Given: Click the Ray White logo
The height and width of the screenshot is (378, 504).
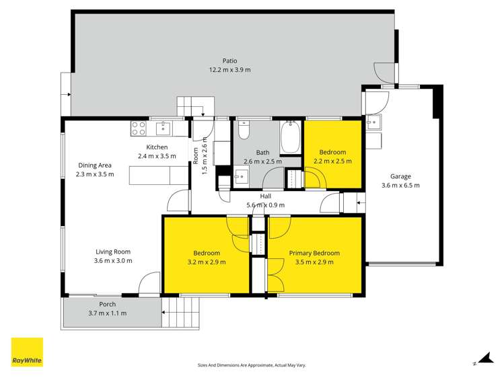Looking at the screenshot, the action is (x=27, y=352).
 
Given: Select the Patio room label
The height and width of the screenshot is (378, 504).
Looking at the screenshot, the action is (x=230, y=61).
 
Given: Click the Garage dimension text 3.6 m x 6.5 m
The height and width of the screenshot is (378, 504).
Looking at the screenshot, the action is (x=400, y=186).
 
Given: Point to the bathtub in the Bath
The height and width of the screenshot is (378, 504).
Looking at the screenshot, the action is (x=290, y=138).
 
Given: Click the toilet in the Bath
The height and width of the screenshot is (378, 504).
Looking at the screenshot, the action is (x=244, y=129).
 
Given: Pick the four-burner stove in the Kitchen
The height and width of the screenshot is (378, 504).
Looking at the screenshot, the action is (x=139, y=128).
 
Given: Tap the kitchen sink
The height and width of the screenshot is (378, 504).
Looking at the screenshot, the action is (x=164, y=128).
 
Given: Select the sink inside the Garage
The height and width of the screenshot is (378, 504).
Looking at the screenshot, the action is (x=374, y=122).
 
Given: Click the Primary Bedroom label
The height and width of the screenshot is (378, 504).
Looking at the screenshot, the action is (x=314, y=253).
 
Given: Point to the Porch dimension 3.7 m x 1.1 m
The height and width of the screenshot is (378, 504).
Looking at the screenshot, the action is (x=108, y=313).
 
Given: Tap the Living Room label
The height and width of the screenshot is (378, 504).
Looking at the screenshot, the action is (x=113, y=252).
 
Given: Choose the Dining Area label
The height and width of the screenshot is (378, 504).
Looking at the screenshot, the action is (x=95, y=165).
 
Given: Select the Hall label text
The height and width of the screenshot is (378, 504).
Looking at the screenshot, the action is (x=266, y=196).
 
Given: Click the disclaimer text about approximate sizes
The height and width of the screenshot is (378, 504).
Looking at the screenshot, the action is (x=252, y=365).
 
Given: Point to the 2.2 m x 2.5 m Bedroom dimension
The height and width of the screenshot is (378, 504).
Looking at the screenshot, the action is (x=332, y=161).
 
